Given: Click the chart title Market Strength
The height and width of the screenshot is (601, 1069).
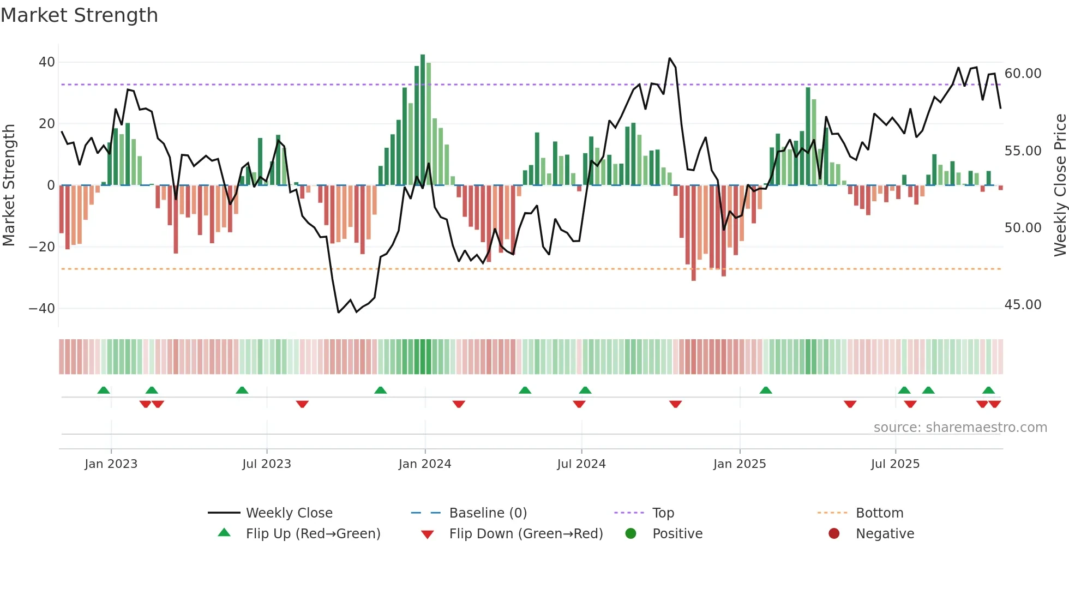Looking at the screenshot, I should (79, 15).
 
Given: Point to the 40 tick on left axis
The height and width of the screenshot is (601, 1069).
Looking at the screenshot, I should (47, 62).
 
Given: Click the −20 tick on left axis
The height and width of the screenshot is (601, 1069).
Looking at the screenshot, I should (42, 247).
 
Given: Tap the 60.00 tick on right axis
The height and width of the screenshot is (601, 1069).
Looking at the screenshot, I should (1023, 74).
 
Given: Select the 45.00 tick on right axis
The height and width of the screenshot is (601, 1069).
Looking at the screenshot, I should (1023, 305).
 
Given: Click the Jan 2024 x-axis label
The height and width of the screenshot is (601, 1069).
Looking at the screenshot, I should (425, 464).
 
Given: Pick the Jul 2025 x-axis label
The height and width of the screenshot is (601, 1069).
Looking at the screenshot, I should (895, 464).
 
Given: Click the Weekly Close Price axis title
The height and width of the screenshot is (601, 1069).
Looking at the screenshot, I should (1060, 185).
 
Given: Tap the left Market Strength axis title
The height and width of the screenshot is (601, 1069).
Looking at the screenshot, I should (9, 185).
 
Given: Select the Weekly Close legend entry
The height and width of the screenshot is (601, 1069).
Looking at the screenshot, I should (289, 513).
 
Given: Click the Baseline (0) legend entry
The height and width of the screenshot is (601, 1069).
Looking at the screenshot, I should (488, 513).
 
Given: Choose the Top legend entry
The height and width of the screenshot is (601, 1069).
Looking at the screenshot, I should (663, 513).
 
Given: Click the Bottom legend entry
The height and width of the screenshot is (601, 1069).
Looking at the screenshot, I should (879, 513).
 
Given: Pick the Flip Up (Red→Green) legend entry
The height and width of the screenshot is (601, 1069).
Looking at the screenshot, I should (313, 534).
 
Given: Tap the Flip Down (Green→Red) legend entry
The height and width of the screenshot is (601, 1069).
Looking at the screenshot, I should (526, 534).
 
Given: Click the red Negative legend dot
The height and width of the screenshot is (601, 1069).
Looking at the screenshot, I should (834, 534).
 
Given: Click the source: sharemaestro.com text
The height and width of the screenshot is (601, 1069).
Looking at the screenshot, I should (960, 428).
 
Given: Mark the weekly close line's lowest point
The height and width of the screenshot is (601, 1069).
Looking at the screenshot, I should (339, 312).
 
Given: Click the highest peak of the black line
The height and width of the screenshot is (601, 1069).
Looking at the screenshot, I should (670, 58).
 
